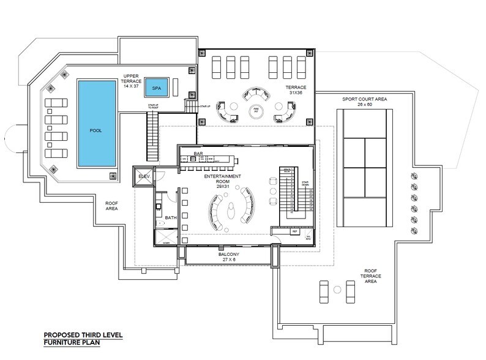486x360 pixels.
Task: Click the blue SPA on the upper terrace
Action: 157,88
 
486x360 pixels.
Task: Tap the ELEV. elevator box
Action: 144,176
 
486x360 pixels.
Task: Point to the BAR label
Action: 198,153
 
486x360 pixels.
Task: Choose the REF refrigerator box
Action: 294,231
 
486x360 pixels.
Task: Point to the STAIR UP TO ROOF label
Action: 157,108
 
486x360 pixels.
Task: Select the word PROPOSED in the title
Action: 63,335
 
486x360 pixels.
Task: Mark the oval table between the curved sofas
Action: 230,212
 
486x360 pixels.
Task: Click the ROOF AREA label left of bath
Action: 112,205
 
